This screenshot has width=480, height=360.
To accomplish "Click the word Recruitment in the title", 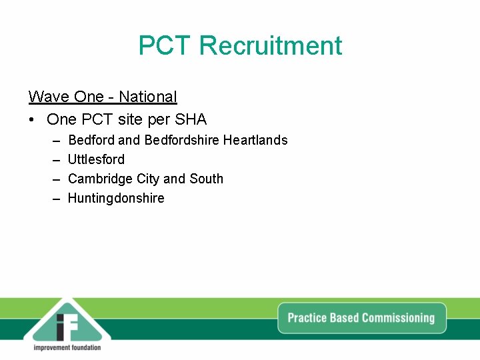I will pyautogui.click(x=271, y=45).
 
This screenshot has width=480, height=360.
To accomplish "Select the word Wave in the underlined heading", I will pyautogui.click(x=49, y=97).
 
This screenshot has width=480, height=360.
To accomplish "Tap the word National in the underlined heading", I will pyautogui.click(x=148, y=97).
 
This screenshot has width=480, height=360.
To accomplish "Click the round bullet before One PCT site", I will pyautogui.click(x=33, y=120).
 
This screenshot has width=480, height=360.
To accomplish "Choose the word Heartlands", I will pyautogui.click(x=255, y=140).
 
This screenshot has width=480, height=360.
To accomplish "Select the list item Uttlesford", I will pyautogui.click(x=96, y=159).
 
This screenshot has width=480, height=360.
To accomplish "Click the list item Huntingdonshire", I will pyautogui.click(x=116, y=198).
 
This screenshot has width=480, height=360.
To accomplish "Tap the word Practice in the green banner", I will pyautogui.click(x=307, y=317).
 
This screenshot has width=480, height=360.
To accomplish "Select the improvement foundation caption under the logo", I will pyautogui.click(x=67, y=347).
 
